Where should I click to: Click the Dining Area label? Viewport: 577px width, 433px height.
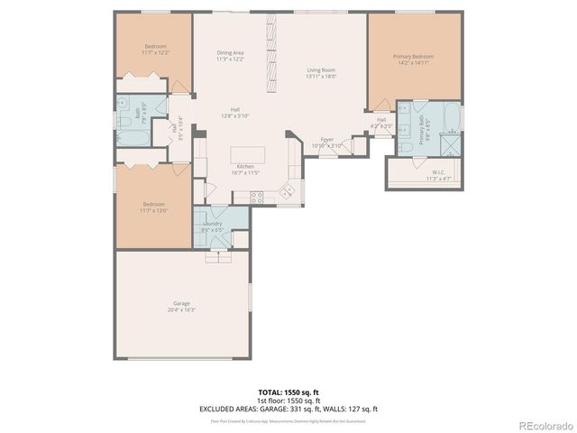coord(230,53)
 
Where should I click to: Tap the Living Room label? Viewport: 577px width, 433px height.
coord(321,69)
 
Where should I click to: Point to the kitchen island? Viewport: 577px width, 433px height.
coord(248,153)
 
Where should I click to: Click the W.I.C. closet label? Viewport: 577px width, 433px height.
coord(438,171)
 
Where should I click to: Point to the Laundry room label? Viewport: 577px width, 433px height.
coord(213,223)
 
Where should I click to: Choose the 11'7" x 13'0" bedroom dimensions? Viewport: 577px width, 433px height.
coord(153,210)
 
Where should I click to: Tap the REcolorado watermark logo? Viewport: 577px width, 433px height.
coord(544,424)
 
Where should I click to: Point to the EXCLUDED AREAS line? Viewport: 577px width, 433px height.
coord(288,409)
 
